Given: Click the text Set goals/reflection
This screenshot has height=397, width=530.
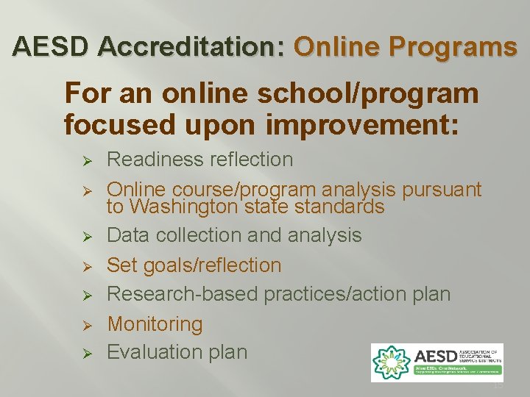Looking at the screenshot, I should pyautogui.click(x=194, y=265).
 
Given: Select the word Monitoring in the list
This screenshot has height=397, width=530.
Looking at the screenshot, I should pyautogui.click(x=155, y=324).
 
